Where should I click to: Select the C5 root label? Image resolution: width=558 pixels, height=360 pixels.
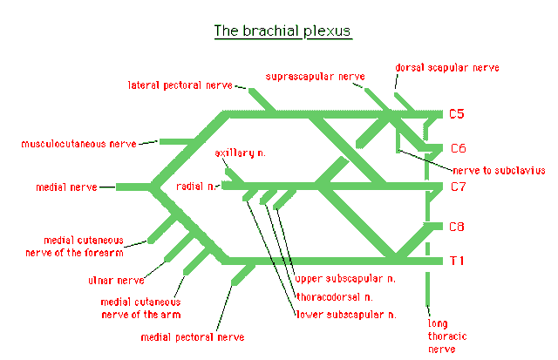coord(458,113)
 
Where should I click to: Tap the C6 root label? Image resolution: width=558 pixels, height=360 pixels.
coord(458,147)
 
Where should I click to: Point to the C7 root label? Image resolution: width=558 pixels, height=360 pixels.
coord(458,186)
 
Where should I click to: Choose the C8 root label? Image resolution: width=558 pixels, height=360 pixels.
coord(457,227)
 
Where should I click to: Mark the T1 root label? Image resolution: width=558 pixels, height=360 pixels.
coord(457,260)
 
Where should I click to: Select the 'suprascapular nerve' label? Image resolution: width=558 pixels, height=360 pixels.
coord(315,77)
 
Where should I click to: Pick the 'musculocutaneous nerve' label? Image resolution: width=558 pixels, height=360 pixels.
coord(78,143)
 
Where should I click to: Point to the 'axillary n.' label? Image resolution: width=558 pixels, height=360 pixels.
coord(241,153)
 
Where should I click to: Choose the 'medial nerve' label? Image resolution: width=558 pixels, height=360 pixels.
coord(65,187)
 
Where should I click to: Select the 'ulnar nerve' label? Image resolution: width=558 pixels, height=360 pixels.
coord(115,281)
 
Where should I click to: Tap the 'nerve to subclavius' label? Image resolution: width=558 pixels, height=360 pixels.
coord(499,171)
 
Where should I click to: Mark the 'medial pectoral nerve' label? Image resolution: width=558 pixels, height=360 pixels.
coord(192,336)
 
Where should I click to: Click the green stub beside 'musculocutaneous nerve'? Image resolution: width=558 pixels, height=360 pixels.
coord(171,142)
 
